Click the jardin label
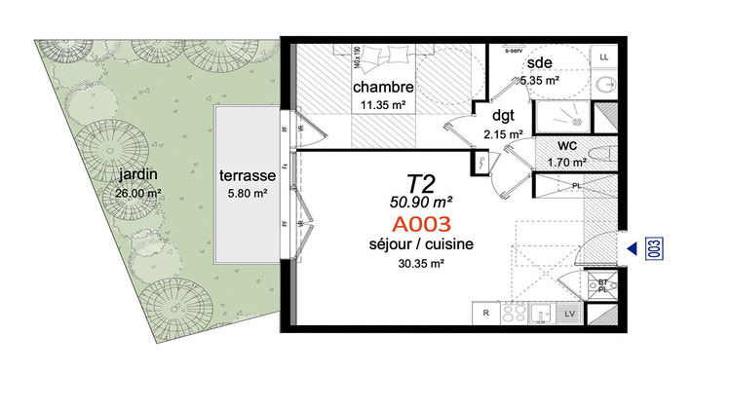135,175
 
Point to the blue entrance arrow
633,248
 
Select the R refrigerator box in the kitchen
484,313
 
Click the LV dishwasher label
569,313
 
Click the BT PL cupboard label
602,283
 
